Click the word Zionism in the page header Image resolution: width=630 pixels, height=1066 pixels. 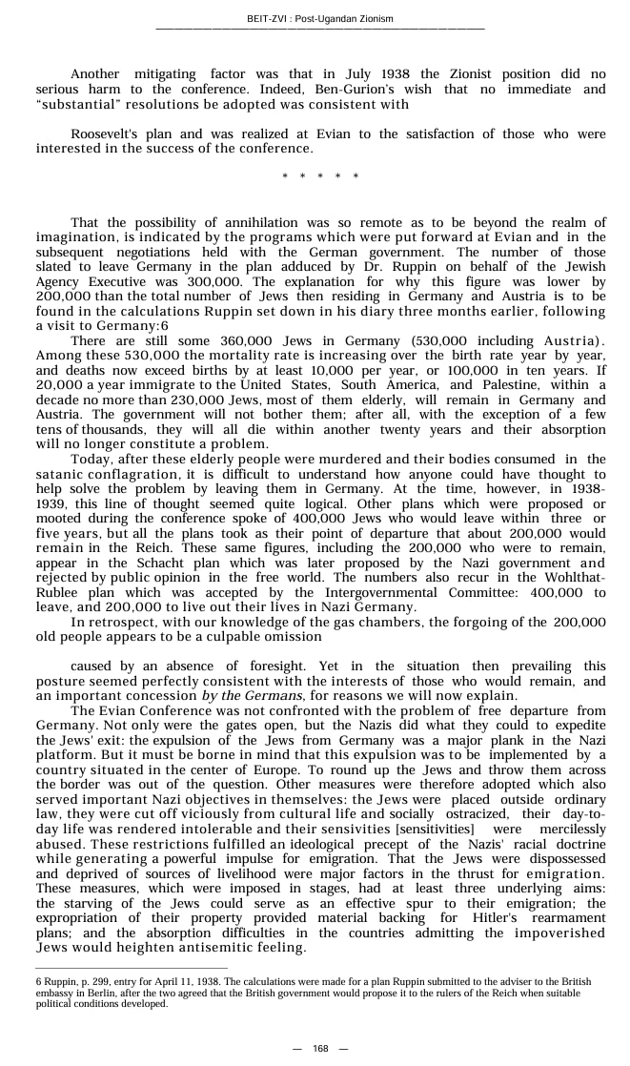tap(373, 18)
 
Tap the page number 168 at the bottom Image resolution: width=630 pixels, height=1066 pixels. tap(320, 1049)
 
